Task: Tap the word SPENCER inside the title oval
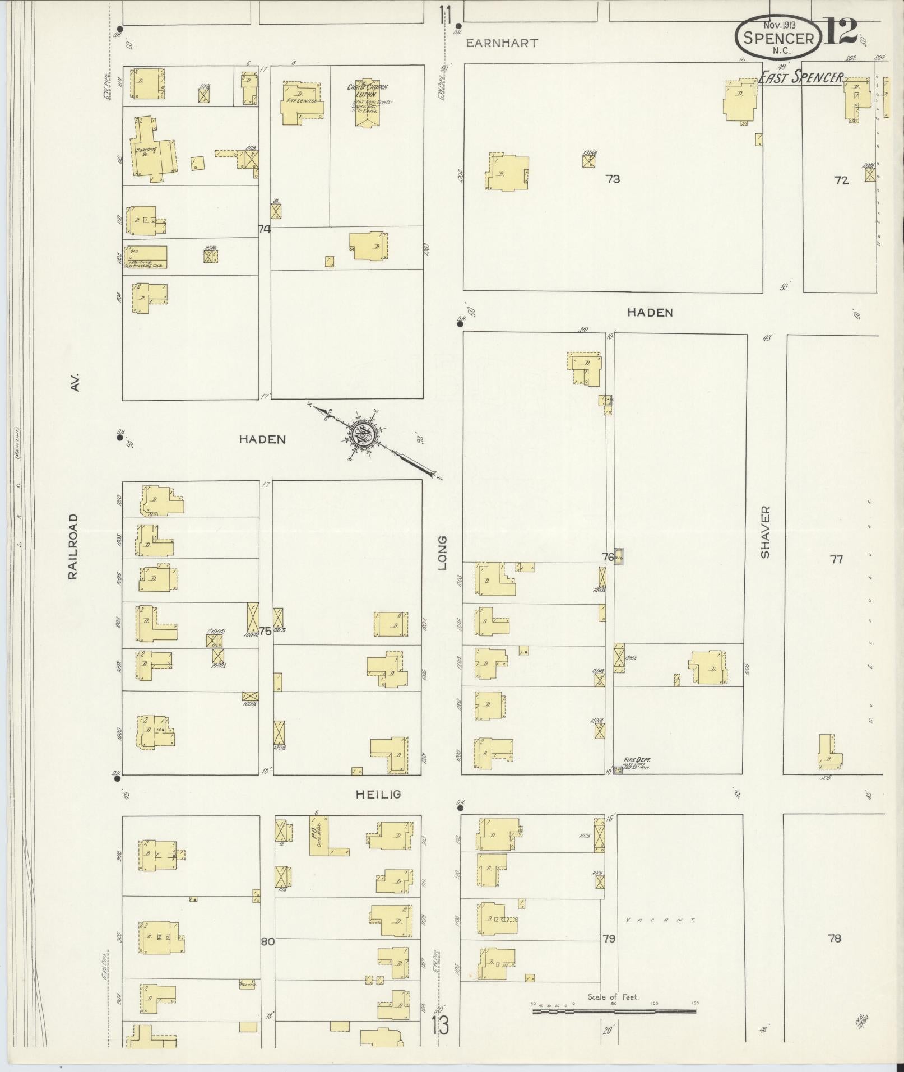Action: click(x=778, y=38)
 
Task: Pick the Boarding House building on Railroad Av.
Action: click(x=152, y=150)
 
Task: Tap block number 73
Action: click(x=613, y=179)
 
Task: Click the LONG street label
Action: click(x=443, y=553)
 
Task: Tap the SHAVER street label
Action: click(x=766, y=532)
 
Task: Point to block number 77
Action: click(x=836, y=559)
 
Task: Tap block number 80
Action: click(x=267, y=941)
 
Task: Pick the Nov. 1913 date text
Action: click(x=778, y=25)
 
